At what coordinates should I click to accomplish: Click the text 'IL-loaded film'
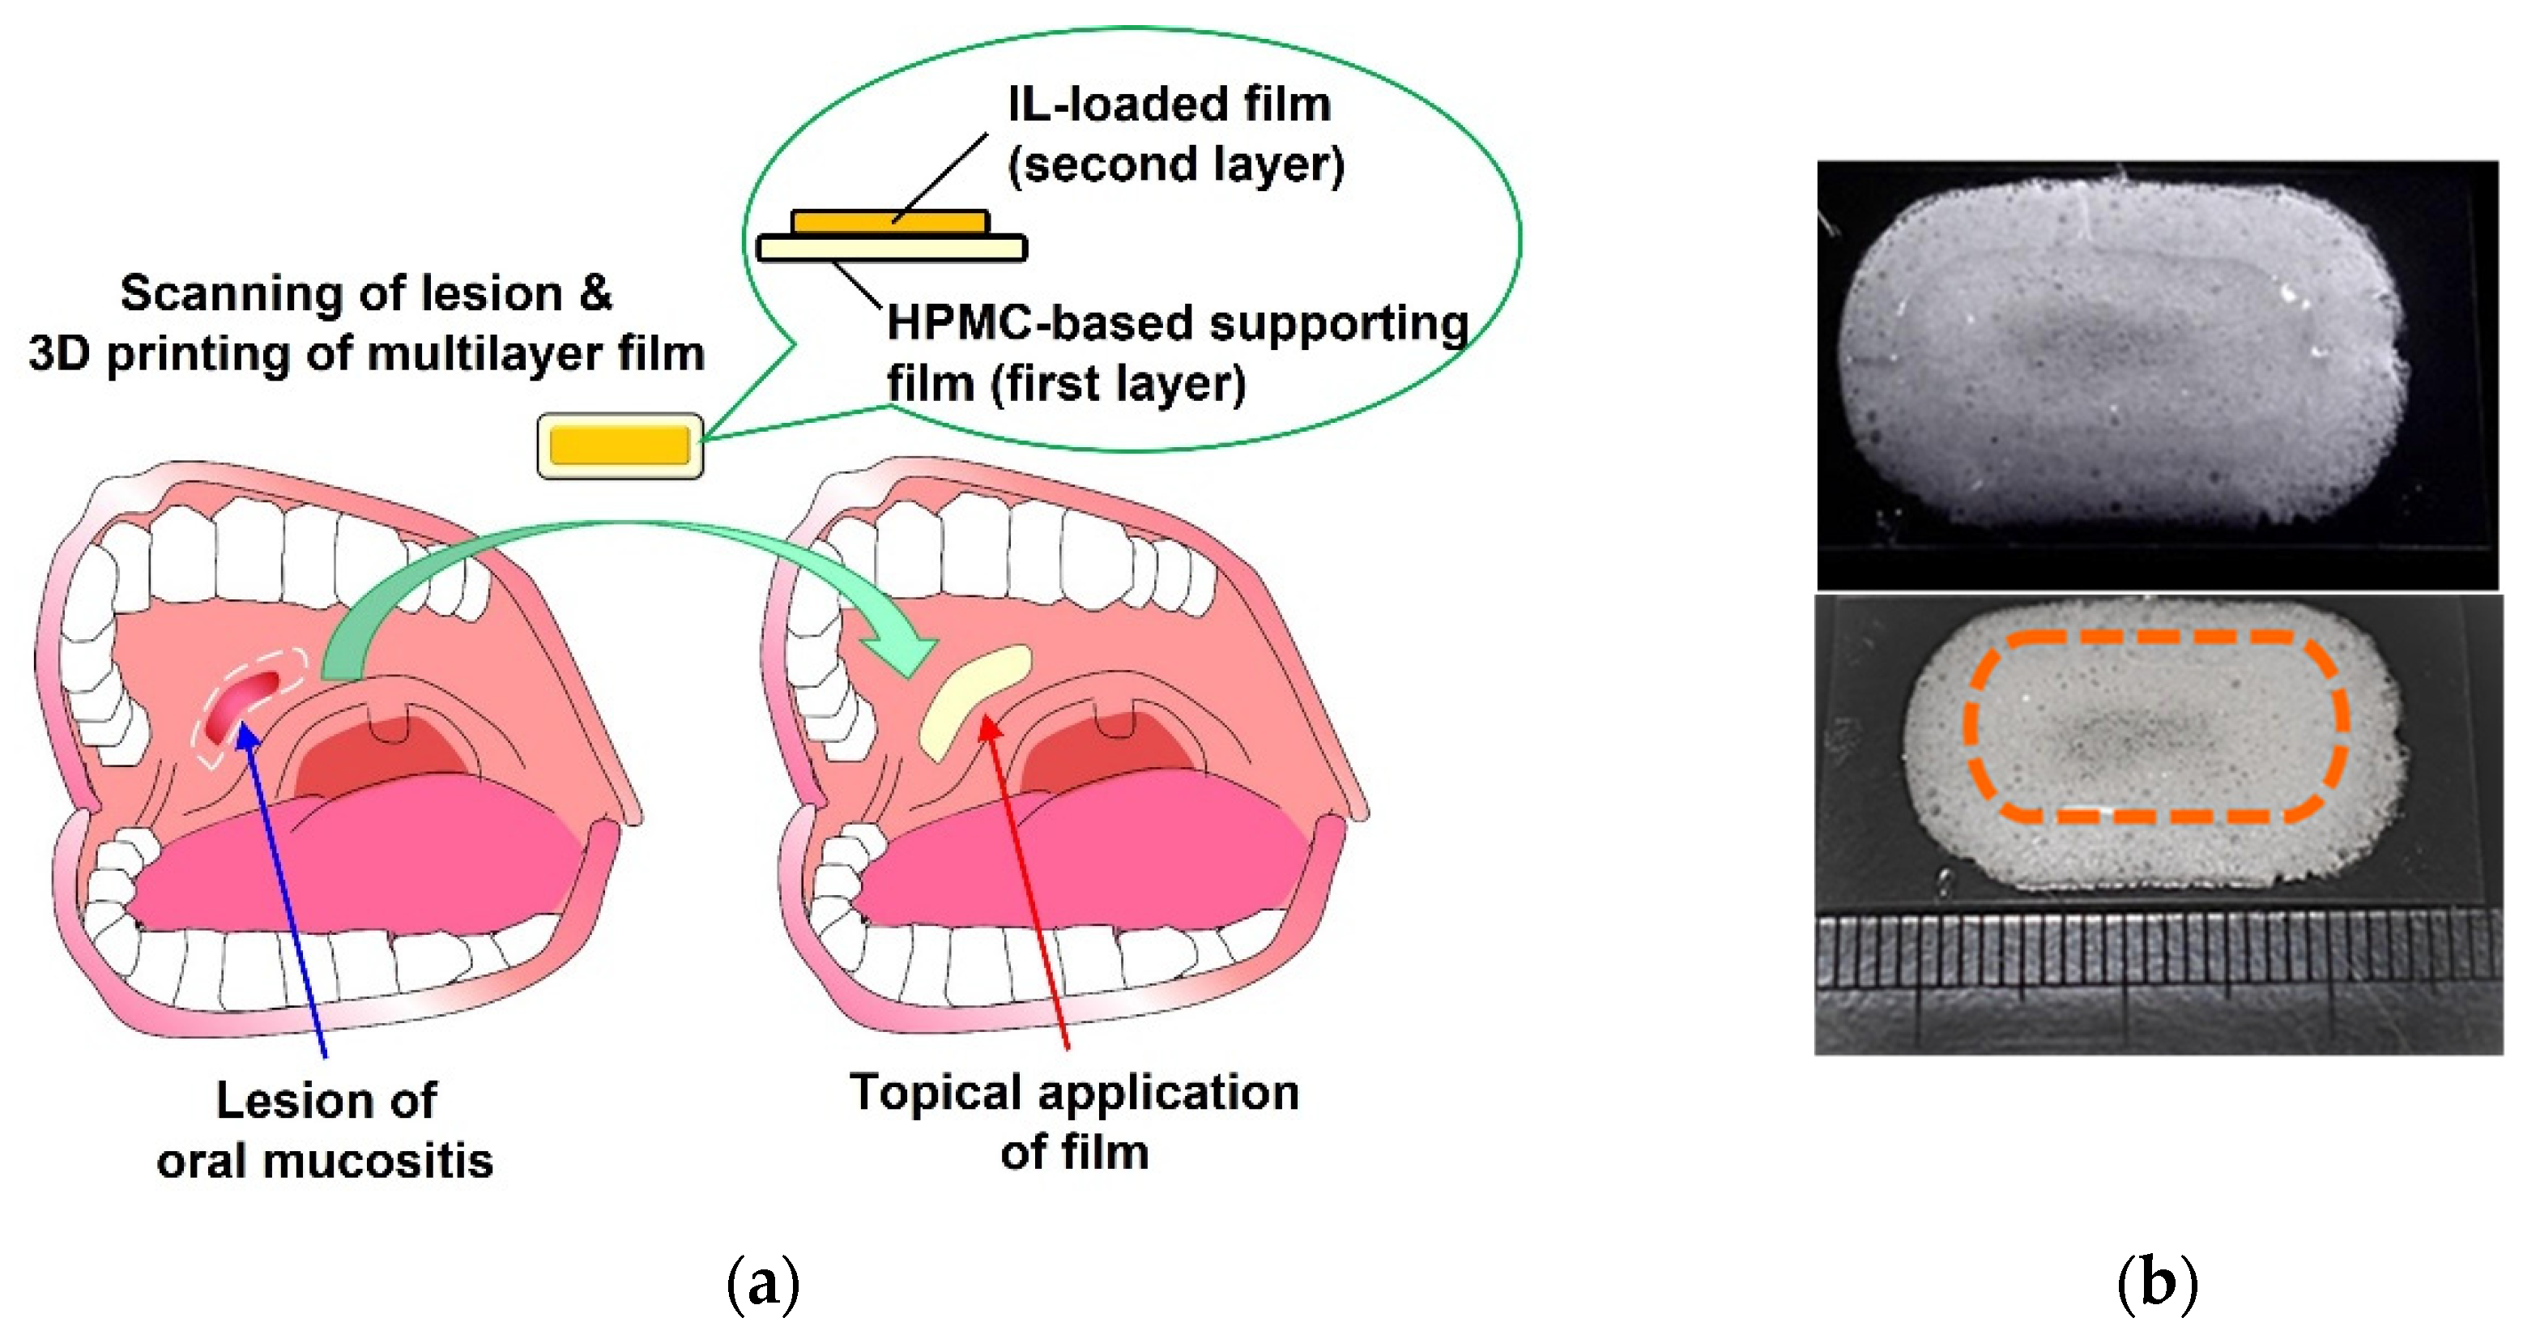pyautogui.click(x=1170, y=104)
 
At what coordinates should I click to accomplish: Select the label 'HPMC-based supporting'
pyautogui.click(x=1178, y=324)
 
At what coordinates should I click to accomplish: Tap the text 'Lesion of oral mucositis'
pyautogui.click(x=325, y=1129)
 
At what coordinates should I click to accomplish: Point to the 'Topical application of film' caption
pyautogui.click(x=1074, y=1121)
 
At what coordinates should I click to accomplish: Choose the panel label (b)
pyautogui.click(x=2157, y=1283)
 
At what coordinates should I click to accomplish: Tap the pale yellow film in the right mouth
pyautogui.click(x=973, y=700)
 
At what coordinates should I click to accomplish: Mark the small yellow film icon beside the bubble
pyautogui.click(x=620, y=446)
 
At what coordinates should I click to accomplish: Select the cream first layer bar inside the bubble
pyautogui.click(x=892, y=247)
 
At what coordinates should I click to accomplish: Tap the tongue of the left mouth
pyautogui.click(x=355, y=866)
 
